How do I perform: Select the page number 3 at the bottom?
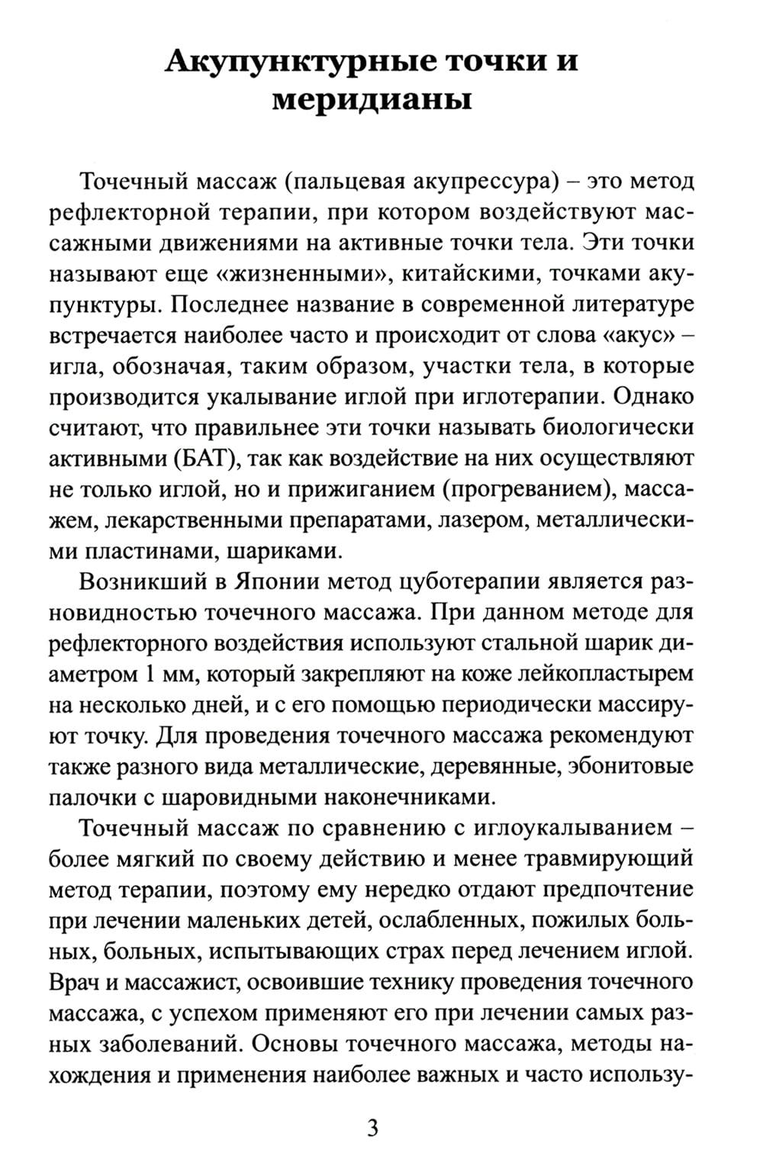coord(372,1128)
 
